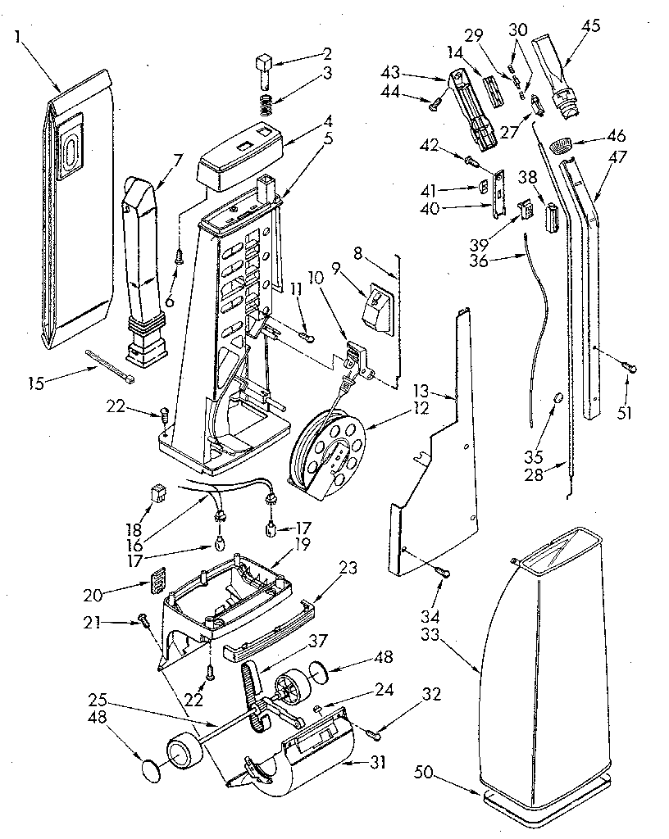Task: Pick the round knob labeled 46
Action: click(x=561, y=146)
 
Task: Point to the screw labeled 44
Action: click(x=436, y=102)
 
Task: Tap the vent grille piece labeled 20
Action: click(x=158, y=582)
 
